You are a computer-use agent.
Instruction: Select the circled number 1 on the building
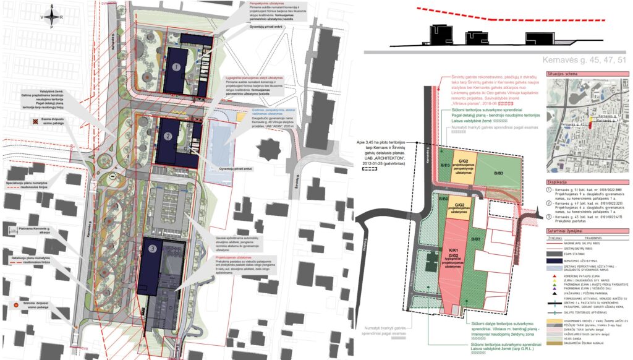pos(176,67)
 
